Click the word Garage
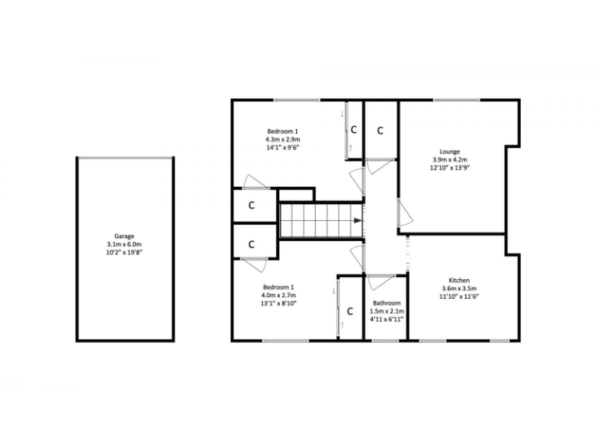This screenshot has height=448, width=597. (x=124, y=236)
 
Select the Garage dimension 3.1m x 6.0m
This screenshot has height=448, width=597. (x=124, y=244)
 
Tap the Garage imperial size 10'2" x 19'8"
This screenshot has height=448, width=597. (x=124, y=253)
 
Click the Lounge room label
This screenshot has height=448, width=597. (x=449, y=152)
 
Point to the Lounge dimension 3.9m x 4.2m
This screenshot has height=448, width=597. (x=449, y=160)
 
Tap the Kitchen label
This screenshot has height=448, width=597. (x=459, y=280)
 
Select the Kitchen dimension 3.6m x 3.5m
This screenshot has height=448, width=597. (x=459, y=289)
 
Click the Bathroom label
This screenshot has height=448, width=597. (x=386, y=303)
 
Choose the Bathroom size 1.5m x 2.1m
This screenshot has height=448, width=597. (x=386, y=311)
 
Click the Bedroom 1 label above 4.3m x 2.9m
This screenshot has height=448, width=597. (x=283, y=131)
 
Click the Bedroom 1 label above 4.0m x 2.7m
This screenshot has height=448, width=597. (x=278, y=286)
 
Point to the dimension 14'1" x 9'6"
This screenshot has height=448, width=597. (x=283, y=148)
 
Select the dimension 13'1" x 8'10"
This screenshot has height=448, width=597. (x=278, y=304)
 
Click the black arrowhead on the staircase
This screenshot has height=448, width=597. (x=358, y=221)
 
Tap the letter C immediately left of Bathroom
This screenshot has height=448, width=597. (x=351, y=311)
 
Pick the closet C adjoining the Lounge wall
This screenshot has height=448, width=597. (x=381, y=131)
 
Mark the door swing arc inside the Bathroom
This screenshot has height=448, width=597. (x=382, y=283)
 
